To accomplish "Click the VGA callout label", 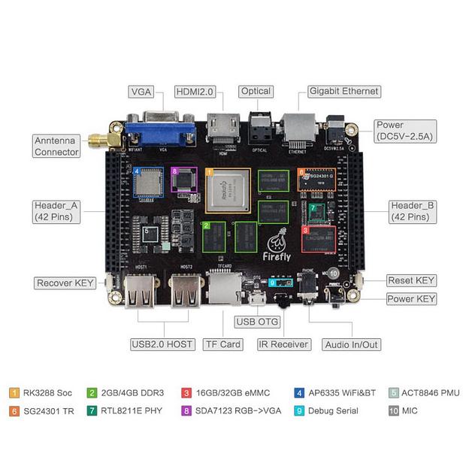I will [141, 92].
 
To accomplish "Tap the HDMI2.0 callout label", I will [195, 92].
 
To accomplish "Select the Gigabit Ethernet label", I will [344, 92].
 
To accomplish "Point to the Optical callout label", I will [256, 92].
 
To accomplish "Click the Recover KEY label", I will [65, 283].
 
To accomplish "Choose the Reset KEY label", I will [411, 280].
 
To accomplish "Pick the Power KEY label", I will [411, 298].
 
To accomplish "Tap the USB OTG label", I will [256, 322].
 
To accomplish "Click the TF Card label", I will [222, 344].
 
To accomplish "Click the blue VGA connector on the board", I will [161, 129].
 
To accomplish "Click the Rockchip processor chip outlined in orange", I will [228, 189].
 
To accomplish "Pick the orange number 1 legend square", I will [14, 392].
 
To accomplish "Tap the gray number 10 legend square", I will [393, 411].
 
